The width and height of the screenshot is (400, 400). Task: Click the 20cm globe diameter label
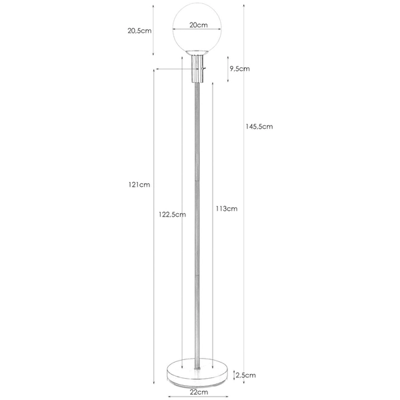click(x=199, y=25)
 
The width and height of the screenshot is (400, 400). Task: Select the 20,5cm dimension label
click(x=139, y=31)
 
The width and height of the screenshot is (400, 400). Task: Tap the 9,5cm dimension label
click(x=239, y=69)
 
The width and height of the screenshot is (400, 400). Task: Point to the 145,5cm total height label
click(x=259, y=127)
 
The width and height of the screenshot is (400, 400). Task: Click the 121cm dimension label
click(x=139, y=185)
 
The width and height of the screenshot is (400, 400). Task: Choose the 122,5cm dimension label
click(x=172, y=215)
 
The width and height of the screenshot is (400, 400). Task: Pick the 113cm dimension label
click(x=227, y=209)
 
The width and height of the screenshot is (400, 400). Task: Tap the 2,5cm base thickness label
click(x=245, y=375)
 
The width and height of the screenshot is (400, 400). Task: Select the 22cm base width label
click(x=199, y=392)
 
